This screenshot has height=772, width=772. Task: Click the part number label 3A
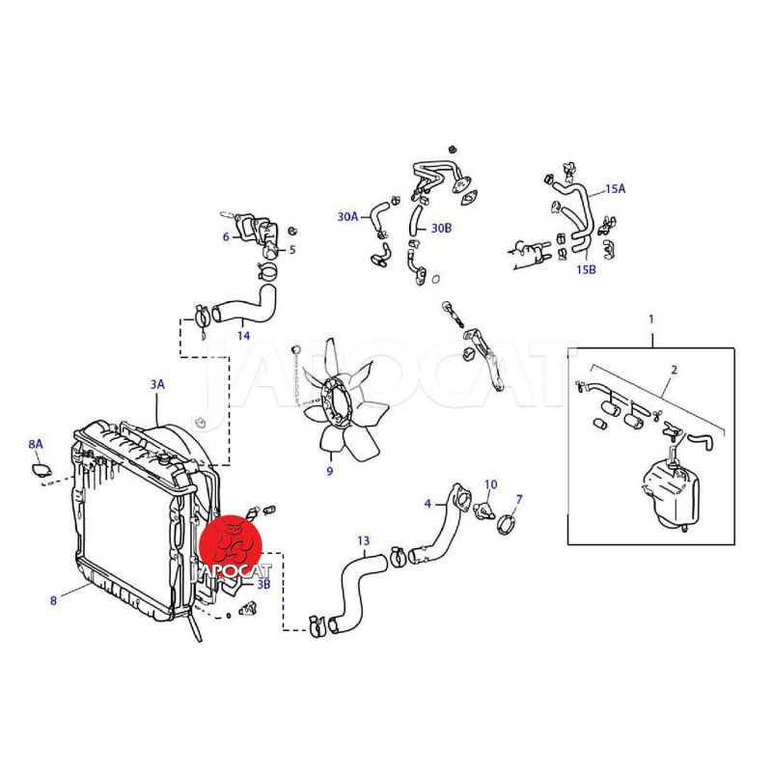point(157,384)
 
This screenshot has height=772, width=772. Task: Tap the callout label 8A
point(36,444)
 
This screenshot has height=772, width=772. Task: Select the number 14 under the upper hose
point(244,336)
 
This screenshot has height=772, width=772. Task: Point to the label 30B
point(441,228)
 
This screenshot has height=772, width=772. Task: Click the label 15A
point(615,188)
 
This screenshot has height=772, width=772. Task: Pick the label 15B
point(586,270)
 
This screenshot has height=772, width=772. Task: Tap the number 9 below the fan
point(330,471)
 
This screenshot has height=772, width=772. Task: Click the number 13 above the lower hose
point(364,541)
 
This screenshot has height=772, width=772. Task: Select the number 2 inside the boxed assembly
point(674,370)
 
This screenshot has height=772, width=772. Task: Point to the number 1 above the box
point(651,319)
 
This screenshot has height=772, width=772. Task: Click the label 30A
point(347,216)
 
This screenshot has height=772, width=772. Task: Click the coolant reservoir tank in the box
point(671,492)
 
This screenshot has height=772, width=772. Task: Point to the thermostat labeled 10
point(483,511)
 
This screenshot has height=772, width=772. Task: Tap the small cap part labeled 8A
point(41,470)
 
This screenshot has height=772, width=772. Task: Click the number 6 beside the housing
point(226,236)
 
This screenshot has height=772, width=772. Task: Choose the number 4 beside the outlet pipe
point(427,504)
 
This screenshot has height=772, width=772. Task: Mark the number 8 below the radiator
point(54,600)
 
